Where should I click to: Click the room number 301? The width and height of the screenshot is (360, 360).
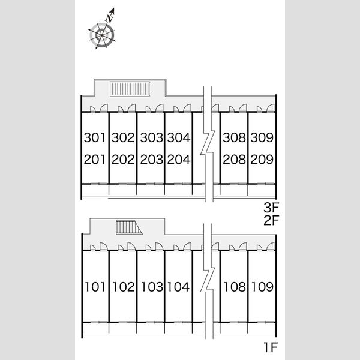[x=94, y=137]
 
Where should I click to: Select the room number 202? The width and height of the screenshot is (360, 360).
[x=123, y=160]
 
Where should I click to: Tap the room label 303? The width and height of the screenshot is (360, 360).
[x=152, y=137]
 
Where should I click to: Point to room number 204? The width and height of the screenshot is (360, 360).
[x=179, y=160]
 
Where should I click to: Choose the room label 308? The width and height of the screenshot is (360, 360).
[x=234, y=137]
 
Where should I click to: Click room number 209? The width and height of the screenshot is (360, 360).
[x=262, y=160]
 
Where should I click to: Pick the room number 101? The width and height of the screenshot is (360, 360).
[x=95, y=287]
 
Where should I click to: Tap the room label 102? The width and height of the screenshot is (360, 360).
[x=124, y=287]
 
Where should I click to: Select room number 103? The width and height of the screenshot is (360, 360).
[x=152, y=287]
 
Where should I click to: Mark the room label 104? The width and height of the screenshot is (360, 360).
[x=179, y=287]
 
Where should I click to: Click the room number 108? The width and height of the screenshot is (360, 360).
[x=235, y=287]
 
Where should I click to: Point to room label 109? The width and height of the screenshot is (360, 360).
[x=262, y=287]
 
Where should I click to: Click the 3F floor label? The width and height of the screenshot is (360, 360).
[x=271, y=208]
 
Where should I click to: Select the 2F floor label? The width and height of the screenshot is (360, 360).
[x=271, y=220]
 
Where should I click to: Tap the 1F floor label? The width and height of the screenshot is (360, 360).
[x=271, y=347]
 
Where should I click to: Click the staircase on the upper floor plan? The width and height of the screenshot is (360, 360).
[x=130, y=89]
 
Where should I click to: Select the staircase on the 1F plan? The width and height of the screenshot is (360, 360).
[x=129, y=227]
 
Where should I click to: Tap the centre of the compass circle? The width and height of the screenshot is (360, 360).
[x=102, y=35]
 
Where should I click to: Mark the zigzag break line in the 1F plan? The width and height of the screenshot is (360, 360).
[x=208, y=281]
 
